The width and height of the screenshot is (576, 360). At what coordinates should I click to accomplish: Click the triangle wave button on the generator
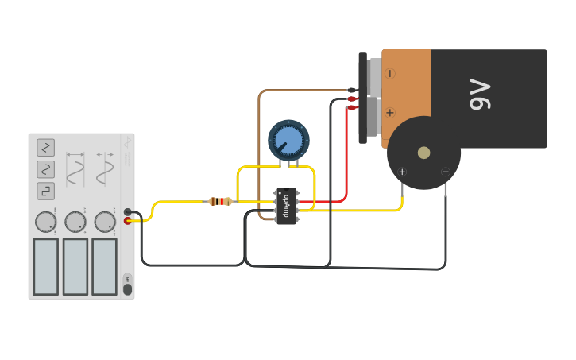click(45, 147)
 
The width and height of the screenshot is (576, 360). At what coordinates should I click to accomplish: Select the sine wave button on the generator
click(45, 169)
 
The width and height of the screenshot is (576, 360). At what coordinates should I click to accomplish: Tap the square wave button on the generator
click(45, 191)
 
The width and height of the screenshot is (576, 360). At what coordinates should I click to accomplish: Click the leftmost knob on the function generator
click(46, 222)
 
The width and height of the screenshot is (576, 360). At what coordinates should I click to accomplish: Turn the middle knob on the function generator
click(75, 222)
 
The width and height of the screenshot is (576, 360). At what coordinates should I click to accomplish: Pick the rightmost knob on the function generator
click(105, 222)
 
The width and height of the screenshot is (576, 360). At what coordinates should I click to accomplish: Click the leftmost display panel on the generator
click(45, 266)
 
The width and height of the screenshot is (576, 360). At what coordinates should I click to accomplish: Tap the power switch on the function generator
click(127, 288)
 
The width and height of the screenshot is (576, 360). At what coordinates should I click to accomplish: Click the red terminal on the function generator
click(128, 220)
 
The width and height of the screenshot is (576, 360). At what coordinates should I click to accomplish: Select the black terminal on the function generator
click(128, 212)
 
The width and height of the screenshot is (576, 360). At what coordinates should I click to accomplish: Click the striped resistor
click(220, 202)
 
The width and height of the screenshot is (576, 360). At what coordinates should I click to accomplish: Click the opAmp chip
click(286, 206)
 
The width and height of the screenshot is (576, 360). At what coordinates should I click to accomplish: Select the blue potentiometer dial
click(288, 141)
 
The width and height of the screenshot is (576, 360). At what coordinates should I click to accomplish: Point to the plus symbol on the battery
click(390, 113)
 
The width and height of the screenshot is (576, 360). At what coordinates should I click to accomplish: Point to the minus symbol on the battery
click(390, 73)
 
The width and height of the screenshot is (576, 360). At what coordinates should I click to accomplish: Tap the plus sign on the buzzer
click(402, 172)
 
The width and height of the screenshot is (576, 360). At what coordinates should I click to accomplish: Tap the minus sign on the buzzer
click(445, 172)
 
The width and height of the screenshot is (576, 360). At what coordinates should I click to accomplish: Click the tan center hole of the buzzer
click(423, 153)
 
